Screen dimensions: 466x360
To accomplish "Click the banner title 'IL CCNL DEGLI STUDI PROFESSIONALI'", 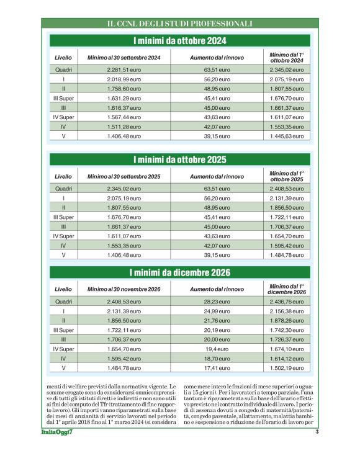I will click(179, 24).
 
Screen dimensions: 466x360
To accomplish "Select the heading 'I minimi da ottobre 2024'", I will click(179, 42).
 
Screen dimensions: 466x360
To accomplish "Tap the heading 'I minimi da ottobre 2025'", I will click(179, 159).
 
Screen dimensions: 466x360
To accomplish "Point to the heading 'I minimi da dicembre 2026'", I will click(179, 273).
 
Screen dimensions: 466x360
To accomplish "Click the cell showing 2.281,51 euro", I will click(124, 69).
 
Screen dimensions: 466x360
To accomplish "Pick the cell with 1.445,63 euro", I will click(286, 136).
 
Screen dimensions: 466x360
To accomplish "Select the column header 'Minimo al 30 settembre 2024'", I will click(124, 58).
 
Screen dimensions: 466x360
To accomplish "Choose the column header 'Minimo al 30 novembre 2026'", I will click(124, 289).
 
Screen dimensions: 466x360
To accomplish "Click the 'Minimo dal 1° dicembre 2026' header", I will click(286, 289).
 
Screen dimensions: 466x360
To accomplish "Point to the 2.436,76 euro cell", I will click(286, 302).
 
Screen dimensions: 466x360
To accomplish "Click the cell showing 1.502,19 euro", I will click(286, 368).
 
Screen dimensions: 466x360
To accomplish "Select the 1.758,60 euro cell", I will click(124, 89).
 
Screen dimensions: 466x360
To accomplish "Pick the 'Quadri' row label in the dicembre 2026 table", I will click(63, 302).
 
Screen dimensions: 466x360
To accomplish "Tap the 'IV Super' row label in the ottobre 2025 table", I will click(63, 236).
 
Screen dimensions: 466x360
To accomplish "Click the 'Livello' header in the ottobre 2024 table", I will click(63, 58).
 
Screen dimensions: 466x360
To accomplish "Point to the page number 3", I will click(317, 432).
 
